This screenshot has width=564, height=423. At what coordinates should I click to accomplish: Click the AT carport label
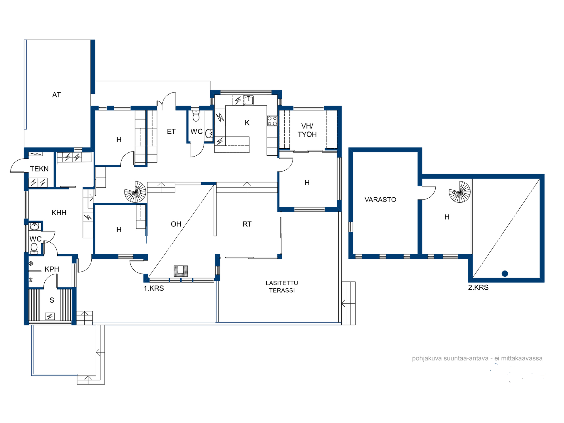point(56,95)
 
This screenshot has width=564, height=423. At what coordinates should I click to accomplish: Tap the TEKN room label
point(39,169)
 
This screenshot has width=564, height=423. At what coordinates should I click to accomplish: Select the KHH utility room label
point(59,213)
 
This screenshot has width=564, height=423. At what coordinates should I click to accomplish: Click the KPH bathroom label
point(52,269)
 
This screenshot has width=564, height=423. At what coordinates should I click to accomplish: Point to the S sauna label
point(52,300)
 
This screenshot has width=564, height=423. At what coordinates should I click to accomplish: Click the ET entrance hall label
point(171,132)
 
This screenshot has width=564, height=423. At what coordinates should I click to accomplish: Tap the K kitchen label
point(247,123)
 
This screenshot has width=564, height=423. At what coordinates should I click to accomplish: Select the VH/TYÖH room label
point(307,130)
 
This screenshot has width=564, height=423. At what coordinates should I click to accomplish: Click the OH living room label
point(176,224)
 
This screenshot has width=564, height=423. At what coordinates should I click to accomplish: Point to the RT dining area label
point(247,224)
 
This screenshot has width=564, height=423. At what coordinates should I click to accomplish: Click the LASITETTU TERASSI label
point(282,287)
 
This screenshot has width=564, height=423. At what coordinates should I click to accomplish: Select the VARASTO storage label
point(380,200)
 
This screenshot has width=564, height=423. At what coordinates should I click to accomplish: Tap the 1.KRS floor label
point(154,288)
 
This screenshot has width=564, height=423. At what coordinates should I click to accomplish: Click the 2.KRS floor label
point(478,288)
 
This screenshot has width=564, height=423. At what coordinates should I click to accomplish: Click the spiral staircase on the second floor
point(460,192)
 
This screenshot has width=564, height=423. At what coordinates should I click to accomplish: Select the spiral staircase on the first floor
point(135,192)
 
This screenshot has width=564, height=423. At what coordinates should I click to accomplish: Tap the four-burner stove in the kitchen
point(272,121)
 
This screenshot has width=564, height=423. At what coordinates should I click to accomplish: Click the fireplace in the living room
point(181,271)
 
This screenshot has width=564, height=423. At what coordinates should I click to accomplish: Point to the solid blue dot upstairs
point(505,274)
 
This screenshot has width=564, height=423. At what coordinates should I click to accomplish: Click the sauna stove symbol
point(50,316)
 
